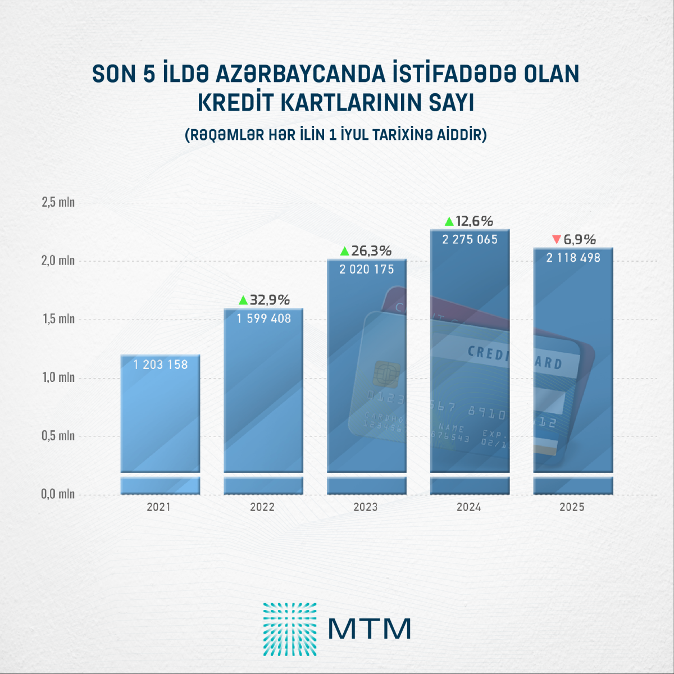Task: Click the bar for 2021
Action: click(x=160, y=416)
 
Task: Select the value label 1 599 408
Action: click(x=263, y=318)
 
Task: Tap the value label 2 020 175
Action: click(x=366, y=270)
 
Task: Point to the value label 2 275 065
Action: click(x=470, y=239)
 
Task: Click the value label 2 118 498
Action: click(x=573, y=258)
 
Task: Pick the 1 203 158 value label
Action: click(x=161, y=365)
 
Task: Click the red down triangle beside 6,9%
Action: click(x=556, y=240)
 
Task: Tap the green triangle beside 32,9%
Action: click(x=243, y=300)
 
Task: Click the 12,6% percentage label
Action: click(x=474, y=221)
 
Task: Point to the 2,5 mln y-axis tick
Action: click(x=58, y=202)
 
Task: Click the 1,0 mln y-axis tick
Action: click(x=58, y=377)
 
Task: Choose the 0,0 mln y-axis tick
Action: click(x=58, y=494)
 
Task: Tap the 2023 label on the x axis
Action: click(x=366, y=507)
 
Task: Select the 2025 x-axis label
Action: click(x=572, y=507)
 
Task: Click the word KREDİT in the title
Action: click(x=235, y=103)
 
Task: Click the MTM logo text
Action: click(x=370, y=629)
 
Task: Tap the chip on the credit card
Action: click(x=386, y=372)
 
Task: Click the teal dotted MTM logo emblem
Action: click(x=290, y=629)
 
